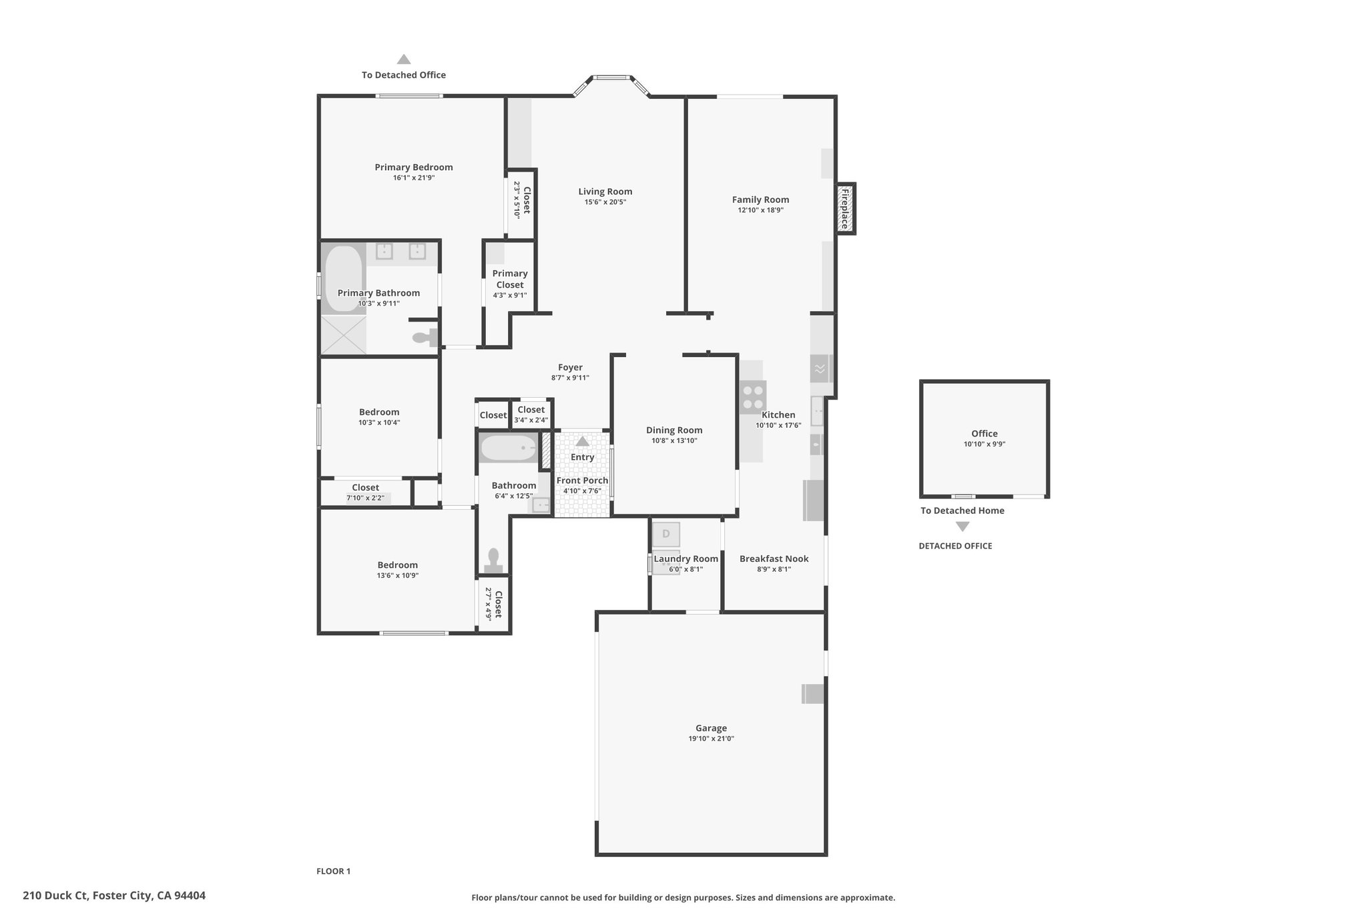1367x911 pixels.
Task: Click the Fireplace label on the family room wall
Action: pyautogui.click(x=844, y=209)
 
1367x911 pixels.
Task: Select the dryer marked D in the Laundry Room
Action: pyautogui.click(x=665, y=534)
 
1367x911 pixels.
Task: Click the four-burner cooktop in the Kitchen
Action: pyautogui.click(x=753, y=397)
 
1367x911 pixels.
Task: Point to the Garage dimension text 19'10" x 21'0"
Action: pyautogui.click(x=711, y=739)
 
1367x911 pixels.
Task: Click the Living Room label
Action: pyautogui.click(x=605, y=192)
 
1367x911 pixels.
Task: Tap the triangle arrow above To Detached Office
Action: pyautogui.click(x=404, y=59)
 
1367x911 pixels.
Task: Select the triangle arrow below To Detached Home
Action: pyautogui.click(x=962, y=527)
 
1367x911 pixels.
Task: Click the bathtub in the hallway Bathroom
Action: pyautogui.click(x=509, y=448)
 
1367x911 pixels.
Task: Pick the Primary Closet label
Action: pyautogui.click(x=510, y=279)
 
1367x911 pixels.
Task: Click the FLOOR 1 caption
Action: pyautogui.click(x=333, y=871)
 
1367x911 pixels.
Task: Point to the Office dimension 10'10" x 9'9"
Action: pyautogui.click(x=985, y=444)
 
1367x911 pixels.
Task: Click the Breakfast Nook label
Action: pyautogui.click(x=774, y=559)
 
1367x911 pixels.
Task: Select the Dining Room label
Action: pyautogui.click(x=674, y=430)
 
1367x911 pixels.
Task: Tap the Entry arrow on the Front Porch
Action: pyautogui.click(x=583, y=441)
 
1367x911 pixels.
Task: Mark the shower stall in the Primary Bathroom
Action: pyautogui.click(x=344, y=335)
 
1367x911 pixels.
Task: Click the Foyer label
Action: pyautogui.click(x=570, y=367)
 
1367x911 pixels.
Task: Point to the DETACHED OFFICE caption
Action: pyautogui.click(x=955, y=546)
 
